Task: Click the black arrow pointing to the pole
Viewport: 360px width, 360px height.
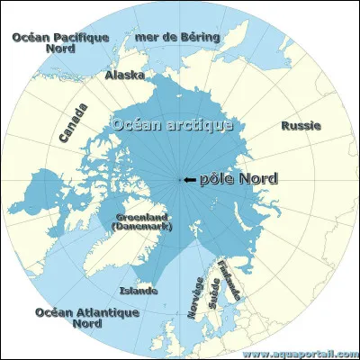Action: pyautogui.click(x=189, y=180)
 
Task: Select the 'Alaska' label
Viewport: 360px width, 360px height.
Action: pyautogui.click(x=124, y=76)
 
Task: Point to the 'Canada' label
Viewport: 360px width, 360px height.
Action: pyautogui.click(x=74, y=123)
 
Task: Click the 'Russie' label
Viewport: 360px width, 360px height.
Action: pyautogui.click(x=300, y=126)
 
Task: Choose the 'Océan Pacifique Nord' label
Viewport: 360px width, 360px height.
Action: pyautogui.click(x=59, y=42)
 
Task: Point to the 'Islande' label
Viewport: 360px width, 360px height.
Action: pyautogui.click(x=139, y=291)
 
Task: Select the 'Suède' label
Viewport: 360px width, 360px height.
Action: pyautogui.click(x=214, y=295)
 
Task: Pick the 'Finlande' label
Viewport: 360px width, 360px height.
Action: pyautogui.click(x=232, y=281)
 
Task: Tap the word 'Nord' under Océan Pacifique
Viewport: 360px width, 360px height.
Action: pyautogui.click(x=59, y=49)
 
